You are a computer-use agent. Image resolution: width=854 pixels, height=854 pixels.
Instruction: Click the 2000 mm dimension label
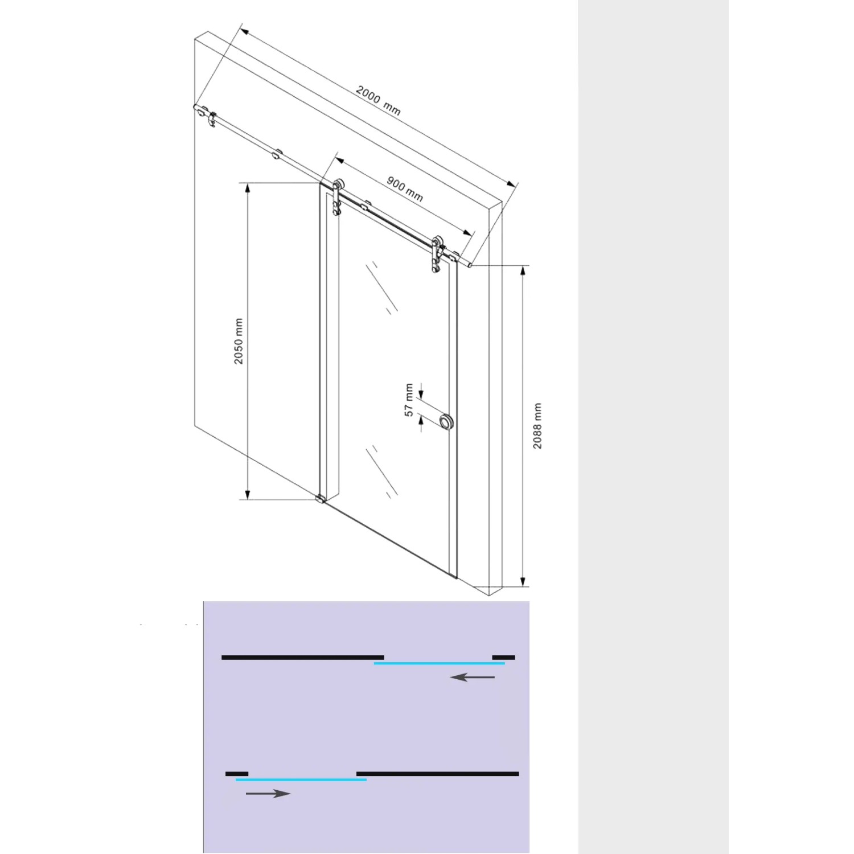tap(378, 101)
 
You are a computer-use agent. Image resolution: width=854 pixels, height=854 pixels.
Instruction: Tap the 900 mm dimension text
tap(405, 188)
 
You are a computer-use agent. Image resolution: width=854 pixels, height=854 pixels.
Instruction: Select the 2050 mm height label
tap(239, 341)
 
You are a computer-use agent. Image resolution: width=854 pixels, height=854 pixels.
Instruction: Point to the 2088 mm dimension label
tap(537, 426)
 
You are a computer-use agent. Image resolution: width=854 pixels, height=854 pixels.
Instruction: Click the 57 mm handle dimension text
tap(409, 400)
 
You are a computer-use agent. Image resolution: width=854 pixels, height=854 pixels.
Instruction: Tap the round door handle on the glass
tap(446, 421)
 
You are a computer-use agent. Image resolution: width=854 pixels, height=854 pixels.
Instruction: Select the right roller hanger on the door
tap(437, 253)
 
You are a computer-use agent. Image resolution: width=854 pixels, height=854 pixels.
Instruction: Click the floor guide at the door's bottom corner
tap(321, 500)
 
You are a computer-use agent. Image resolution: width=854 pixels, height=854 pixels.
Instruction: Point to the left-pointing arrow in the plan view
tap(472, 677)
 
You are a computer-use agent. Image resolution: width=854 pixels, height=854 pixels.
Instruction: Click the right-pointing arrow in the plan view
tap(268, 793)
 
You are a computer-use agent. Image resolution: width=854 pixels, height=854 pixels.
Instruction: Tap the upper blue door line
tap(439, 663)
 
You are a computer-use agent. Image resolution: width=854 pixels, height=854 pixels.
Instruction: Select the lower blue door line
tap(301, 779)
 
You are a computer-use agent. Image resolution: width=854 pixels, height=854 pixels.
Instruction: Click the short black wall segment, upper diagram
tap(503, 658)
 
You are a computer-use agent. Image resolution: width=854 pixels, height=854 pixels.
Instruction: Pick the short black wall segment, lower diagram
tap(237, 774)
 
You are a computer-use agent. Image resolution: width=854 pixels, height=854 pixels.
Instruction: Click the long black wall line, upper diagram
tap(302, 658)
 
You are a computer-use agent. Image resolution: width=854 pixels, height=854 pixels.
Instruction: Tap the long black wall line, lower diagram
tap(437, 774)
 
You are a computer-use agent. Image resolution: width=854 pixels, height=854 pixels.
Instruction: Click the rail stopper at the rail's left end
tap(212, 120)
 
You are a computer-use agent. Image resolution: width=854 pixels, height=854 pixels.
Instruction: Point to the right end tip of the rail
tap(470, 265)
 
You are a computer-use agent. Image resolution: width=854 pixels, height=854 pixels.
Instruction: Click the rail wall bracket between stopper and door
tap(277, 154)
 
